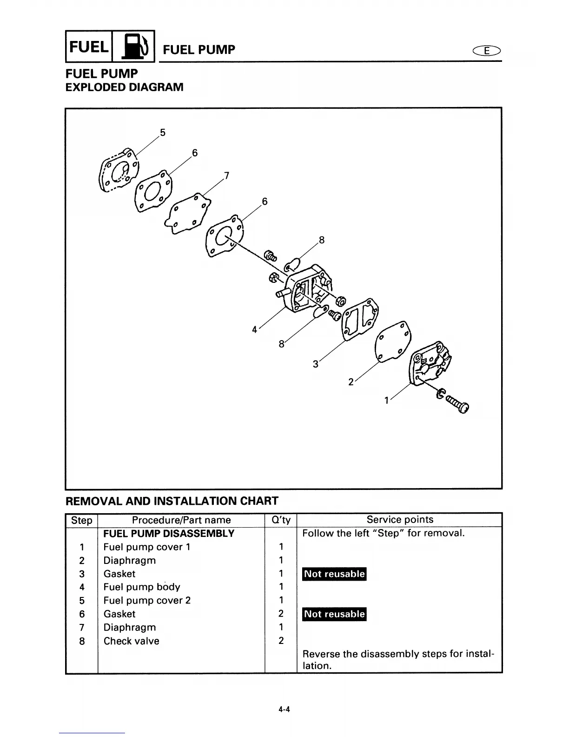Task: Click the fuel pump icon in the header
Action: click(x=133, y=46)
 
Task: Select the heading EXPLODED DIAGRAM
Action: click(x=124, y=87)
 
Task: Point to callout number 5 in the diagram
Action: click(x=162, y=133)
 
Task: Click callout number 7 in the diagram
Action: click(x=226, y=175)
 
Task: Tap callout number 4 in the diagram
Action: click(x=254, y=329)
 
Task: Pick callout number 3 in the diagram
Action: click(x=315, y=364)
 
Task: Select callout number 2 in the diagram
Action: click(x=351, y=382)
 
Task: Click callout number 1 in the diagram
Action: click(x=386, y=400)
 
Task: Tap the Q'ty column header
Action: click(x=281, y=520)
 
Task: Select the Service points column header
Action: click(x=399, y=520)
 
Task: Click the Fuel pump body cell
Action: click(x=142, y=587)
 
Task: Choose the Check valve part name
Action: click(x=131, y=641)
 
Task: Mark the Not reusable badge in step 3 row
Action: click(x=334, y=574)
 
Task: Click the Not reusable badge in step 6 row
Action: click(x=334, y=614)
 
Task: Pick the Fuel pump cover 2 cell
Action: click(x=147, y=601)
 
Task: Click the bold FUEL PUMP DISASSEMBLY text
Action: click(x=169, y=534)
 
